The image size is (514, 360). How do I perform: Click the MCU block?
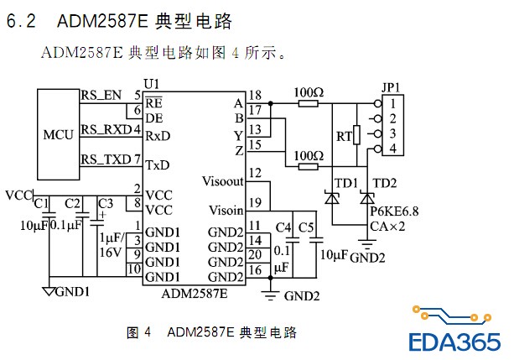click(59, 134)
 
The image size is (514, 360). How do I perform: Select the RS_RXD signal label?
click(105, 130)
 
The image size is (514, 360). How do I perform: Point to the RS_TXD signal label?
click(105, 159)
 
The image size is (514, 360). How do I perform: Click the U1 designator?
click(151, 84)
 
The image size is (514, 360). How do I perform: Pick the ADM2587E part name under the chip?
click(194, 294)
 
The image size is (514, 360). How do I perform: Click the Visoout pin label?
click(223, 180)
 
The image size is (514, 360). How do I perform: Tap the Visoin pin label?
click(226, 210)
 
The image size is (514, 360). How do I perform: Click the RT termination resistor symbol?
click(356, 134)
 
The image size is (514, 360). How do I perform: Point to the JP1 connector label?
click(391, 86)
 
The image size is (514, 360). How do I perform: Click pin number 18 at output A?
click(255, 95)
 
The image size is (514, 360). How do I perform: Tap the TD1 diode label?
click(345, 183)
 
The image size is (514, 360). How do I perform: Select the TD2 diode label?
click(385, 183)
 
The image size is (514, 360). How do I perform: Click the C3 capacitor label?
click(106, 203)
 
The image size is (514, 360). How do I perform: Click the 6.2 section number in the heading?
click(20, 23)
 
